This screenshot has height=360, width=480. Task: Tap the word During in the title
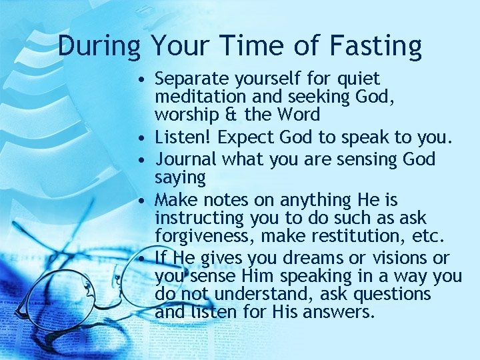pos(99,46)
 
